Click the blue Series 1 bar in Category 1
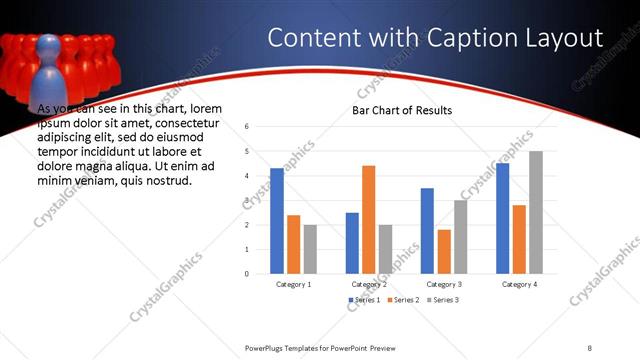[277, 221]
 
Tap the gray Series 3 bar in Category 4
[536, 212]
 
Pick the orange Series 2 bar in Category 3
[444, 251]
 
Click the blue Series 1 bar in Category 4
[502, 218]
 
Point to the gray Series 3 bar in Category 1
[310, 249]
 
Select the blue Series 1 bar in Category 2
[352, 243]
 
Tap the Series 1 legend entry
[365, 300]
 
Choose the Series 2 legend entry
[403, 300]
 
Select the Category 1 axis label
[293, 284]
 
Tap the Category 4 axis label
[519, 284]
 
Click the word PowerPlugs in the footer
[267, 347]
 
